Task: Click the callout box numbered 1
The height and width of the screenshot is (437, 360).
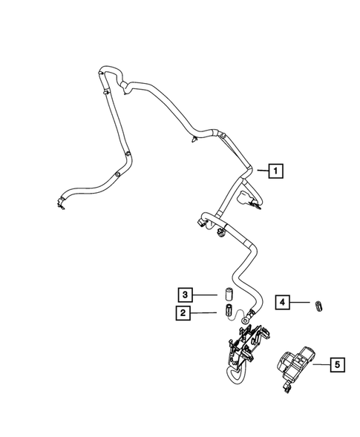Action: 276,173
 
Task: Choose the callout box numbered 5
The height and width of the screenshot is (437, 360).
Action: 337,364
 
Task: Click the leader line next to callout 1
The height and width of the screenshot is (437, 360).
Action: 260,172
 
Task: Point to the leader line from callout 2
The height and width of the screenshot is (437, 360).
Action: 204,314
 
